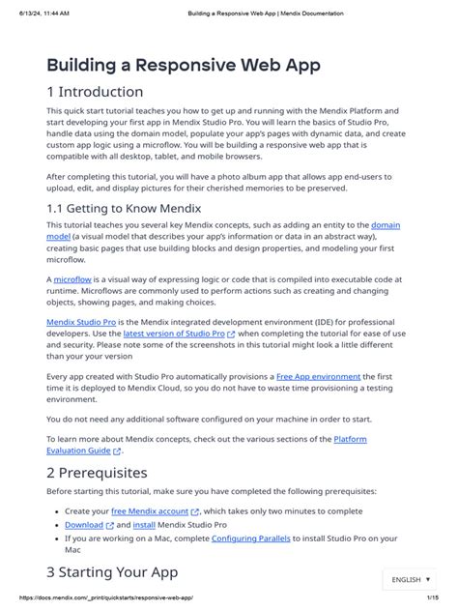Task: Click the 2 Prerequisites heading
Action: tap(97, 473)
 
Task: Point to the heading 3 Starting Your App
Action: tap(114, 571)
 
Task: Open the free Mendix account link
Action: tap(150, 511)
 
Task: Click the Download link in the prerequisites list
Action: tap(84, 525)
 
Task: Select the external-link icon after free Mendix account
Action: tap(195, 512)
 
